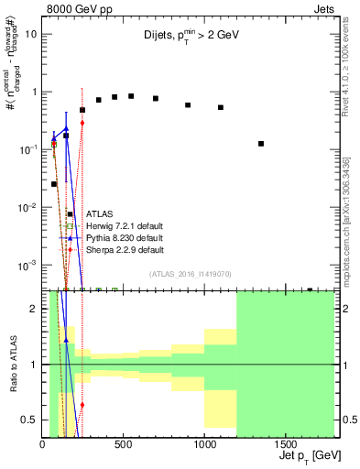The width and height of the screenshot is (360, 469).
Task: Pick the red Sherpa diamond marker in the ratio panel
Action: coord(82,404)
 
